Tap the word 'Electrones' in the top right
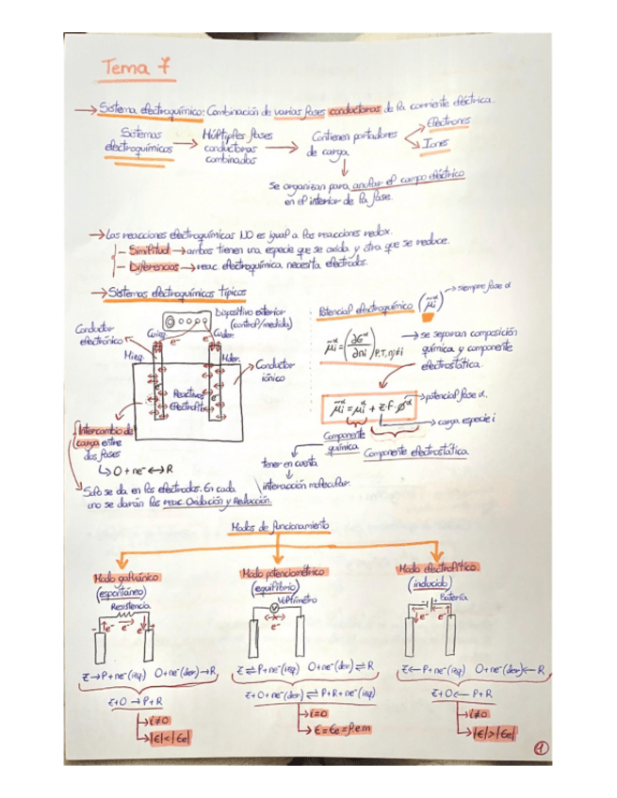coord(449,122)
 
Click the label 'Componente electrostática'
coord(418,455)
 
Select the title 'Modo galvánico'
coord(125,578)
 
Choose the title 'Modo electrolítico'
coord(438,569)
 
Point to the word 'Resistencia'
coord(132,609)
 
